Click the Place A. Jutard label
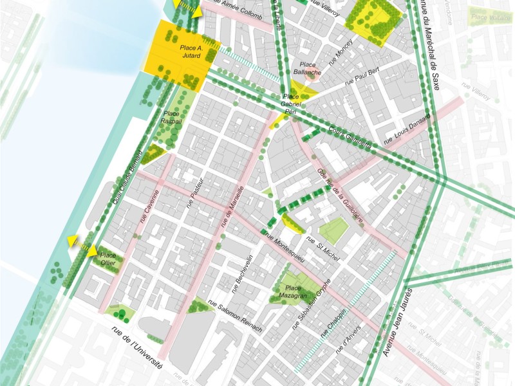191,52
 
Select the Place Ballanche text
306,69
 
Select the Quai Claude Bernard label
127,182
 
